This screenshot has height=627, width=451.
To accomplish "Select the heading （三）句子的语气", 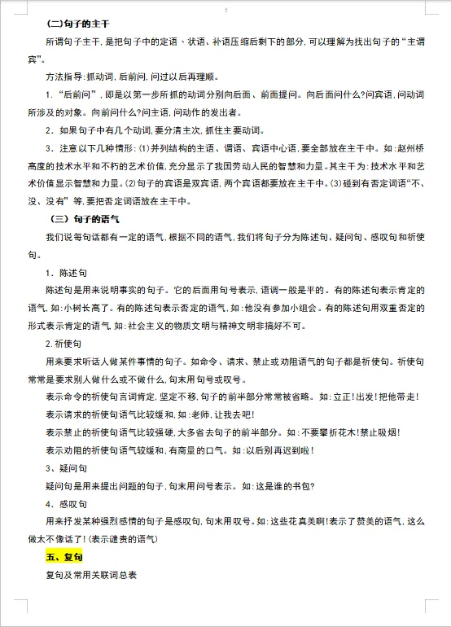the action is pos(90,221).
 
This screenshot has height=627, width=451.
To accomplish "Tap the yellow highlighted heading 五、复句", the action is pos(68,558).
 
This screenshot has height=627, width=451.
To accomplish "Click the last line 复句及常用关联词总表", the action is pos(92,576).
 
